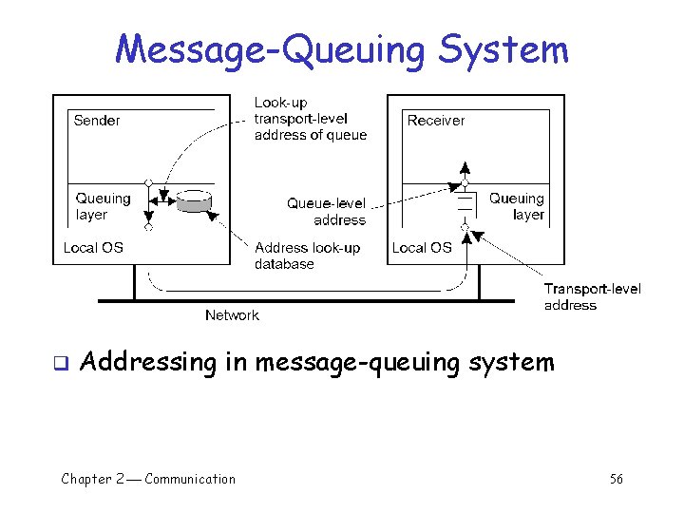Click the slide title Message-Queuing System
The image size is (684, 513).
[x=342, y=48]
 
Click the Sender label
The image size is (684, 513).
[x=97, y=121]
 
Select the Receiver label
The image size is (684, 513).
[x=436, y=121]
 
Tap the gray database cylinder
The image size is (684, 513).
[x=195, y=201]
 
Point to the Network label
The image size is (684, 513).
[x=232, y=314]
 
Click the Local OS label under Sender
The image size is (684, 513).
[x=93, y=247]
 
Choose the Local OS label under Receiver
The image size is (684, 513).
[x=422, y=247]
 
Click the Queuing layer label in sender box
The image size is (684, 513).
[x=103, y=206]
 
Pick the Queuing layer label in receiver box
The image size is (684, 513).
[x=517, y=206]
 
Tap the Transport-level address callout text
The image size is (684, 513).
[x=592, y=296]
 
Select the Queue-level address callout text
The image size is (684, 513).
[x=327, y=211]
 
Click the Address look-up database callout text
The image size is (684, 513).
[x=307, y=256]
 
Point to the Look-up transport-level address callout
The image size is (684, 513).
[x=310, y=119]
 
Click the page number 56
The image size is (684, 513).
[x=617, y=479]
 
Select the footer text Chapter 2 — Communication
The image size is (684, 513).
[x=148, y=479]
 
